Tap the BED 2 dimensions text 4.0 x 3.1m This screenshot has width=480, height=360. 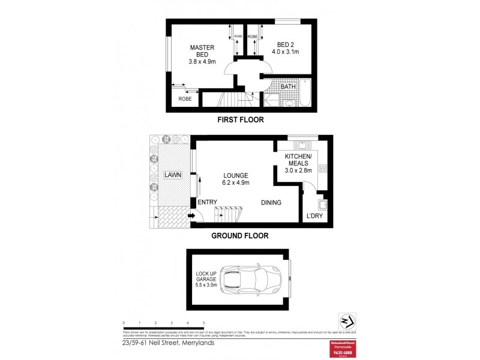(287, 52)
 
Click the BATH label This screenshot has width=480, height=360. (289, 87)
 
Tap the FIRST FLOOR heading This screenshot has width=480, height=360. (240, 120)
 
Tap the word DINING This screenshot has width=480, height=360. (271, 203)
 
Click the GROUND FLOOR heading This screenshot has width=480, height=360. (239, 236)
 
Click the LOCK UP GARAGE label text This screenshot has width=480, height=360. (205, 278)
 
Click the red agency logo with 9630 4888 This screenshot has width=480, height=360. (347, 349)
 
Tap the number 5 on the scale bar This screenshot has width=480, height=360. (204, 323)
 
